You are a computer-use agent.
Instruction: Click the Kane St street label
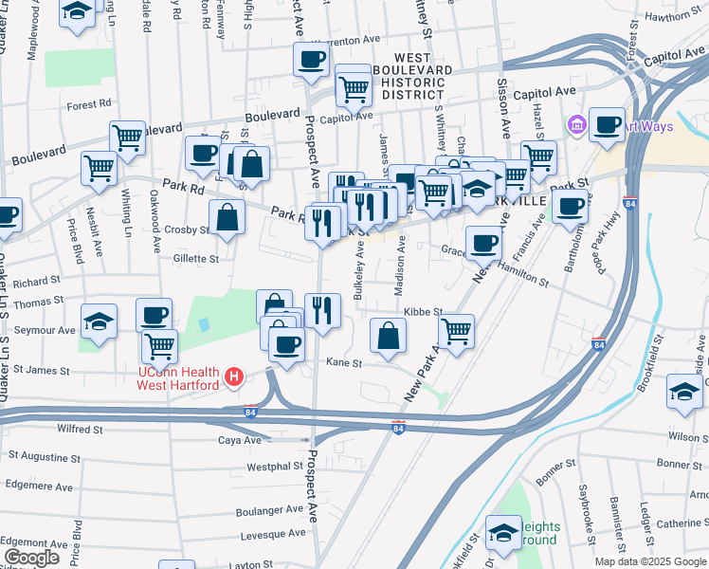pos(344,363)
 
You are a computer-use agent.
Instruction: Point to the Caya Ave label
pos(240,441)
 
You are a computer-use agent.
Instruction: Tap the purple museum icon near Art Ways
pos(574,124)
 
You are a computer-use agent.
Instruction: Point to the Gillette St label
pos(196,258)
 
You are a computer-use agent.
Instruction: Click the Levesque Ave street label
pos(269,536)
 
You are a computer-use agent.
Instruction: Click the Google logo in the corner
pos(31,558)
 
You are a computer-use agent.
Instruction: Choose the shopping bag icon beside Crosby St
pos(227,217)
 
